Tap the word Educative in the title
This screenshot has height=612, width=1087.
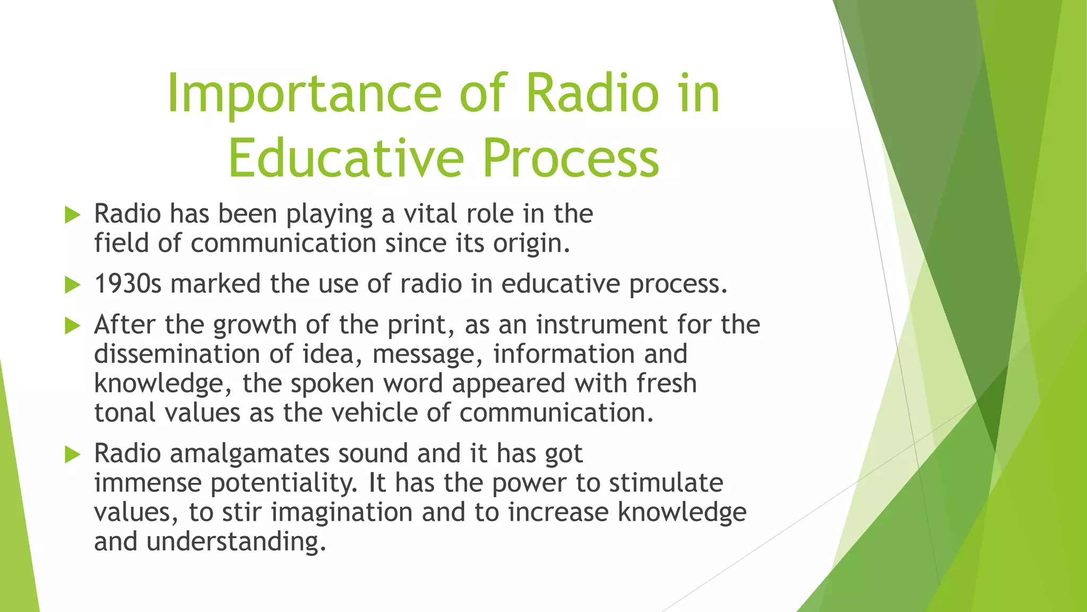tap(346, 158)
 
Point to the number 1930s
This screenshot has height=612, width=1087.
tap(127, 284)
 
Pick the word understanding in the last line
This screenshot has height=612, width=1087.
tap(236, 542)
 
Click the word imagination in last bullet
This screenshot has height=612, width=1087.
tap(342, 513)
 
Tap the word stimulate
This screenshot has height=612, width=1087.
tap(666, 483)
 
